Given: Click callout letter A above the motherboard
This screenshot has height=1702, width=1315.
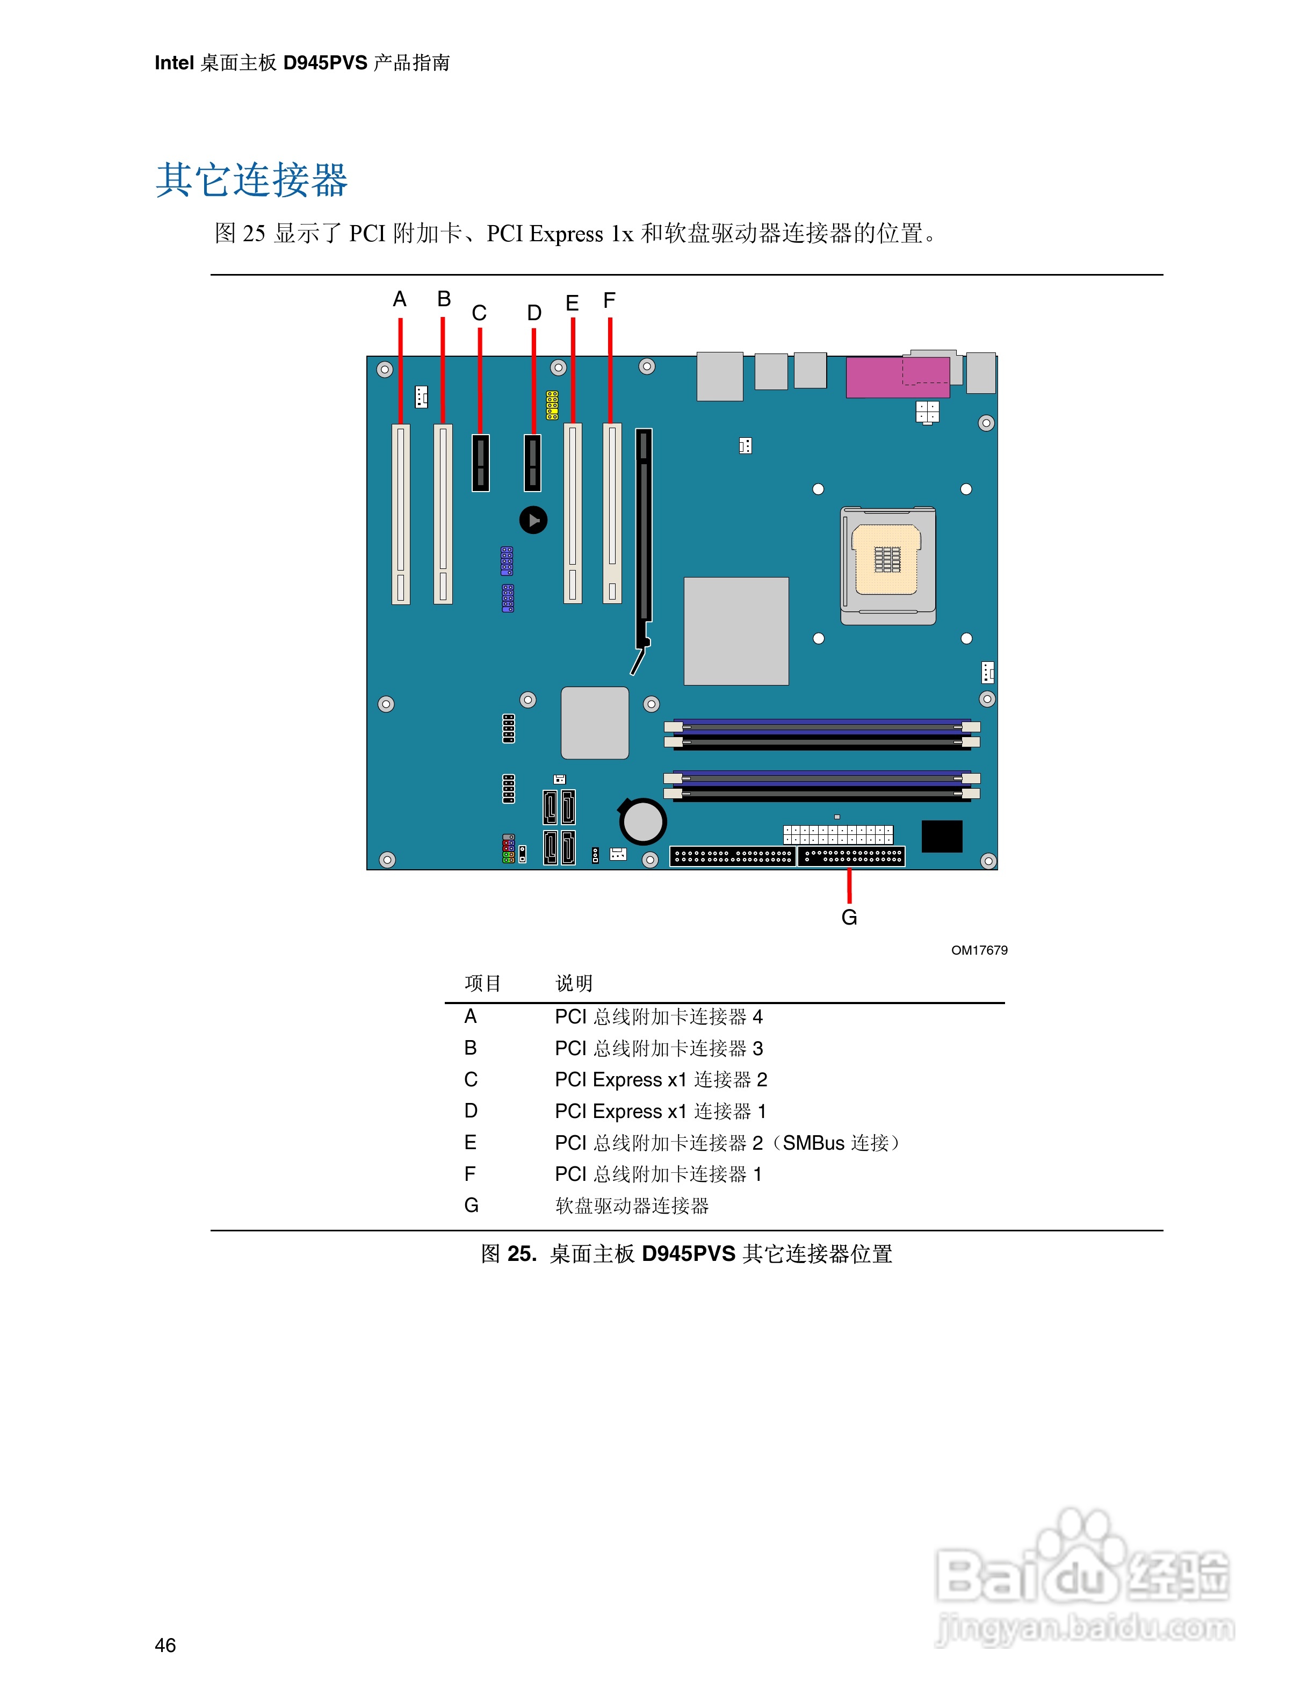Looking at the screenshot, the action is point(400,299).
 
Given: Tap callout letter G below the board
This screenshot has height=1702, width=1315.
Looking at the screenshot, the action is point(849,917).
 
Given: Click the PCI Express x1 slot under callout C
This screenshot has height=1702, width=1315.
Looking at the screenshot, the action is point(481,463).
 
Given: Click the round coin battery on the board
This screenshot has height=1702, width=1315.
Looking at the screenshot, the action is point(642,820).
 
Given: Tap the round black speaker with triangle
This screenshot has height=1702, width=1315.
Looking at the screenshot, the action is point(533,520).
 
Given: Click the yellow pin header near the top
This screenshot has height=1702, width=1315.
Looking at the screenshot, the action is point(552,405).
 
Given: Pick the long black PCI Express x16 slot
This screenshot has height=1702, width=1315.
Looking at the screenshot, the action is point(644,538).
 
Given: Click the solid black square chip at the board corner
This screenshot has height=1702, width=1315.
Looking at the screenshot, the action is point(942,836).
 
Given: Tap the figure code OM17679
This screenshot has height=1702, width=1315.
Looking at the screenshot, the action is point(979,950).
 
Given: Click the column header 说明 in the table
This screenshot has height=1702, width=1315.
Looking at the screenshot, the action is point(574,984).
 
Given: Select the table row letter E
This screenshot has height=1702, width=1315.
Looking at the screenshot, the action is point(471,1143).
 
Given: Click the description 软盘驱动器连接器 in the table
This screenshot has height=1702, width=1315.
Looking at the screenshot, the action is point(632,1206).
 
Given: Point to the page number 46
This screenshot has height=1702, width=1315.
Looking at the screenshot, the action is point(165,1645).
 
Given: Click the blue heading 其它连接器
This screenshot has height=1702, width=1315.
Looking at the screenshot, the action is point(251,180).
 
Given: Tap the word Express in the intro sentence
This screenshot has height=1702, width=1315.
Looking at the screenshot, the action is point(566,234).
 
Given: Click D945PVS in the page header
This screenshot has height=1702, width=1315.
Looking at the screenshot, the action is point(325,63).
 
